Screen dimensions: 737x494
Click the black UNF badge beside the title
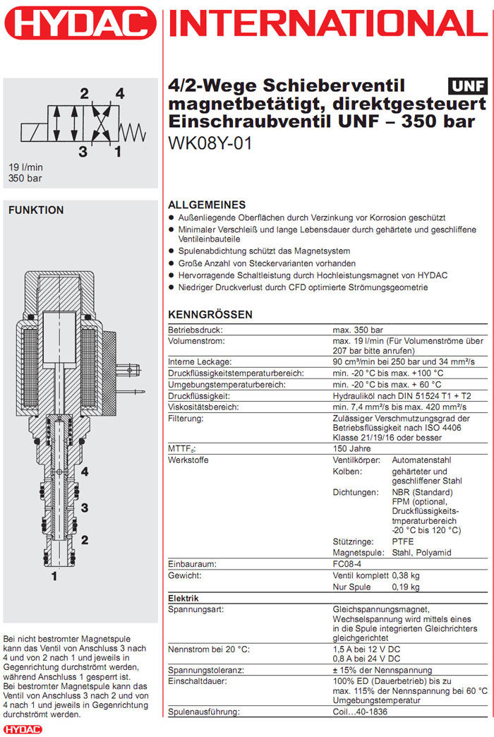pyautogui.click(x=468, y=87)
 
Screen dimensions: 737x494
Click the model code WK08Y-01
pyautogui.click(x=210, y=142)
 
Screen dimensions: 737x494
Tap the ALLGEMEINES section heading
pyautogui.click(x=207, y=205)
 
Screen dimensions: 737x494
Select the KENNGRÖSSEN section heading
pyautogui.click(x=210, y=314)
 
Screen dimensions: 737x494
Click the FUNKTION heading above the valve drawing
pyautogui.click(x=36, y=210)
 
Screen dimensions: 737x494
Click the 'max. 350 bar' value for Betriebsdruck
pyautogui.click(x=358, y=330)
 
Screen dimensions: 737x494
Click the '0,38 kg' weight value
pyautogui.click(x=405, y=576)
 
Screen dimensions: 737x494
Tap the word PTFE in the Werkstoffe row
pyautogui.click(x=403, y=541)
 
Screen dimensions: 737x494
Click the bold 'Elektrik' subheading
pyautogui.click(x=183, y=599)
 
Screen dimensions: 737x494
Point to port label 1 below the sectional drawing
pyautogui.click(x=53, y=576)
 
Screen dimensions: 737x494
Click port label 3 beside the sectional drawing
pyautogui.click(x=85, y=507)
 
